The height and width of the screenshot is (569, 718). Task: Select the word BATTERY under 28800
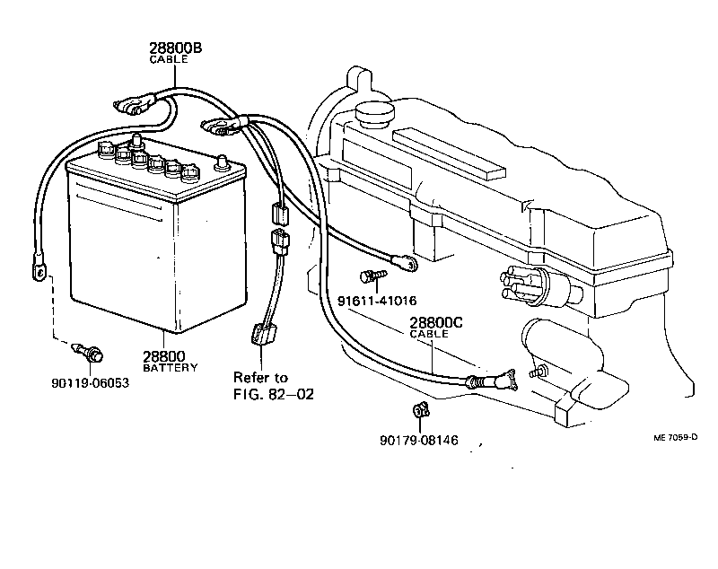pyautogui.click(x=171, y=367)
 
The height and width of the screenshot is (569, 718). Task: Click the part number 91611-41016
pyautogui.click(x=378, y=301)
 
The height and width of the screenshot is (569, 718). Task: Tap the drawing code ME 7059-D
pyautogui.click(x=675, y=439)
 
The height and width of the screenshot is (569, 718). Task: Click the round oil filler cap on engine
pyautogui.click(x=375, y=114)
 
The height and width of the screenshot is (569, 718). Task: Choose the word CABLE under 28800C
pyautogui.click(x=428, y=335)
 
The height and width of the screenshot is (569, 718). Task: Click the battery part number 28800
pyautogui.click(x=164, y=356)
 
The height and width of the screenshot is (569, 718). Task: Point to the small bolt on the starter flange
pyautogui.click(x=538, y=372)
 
